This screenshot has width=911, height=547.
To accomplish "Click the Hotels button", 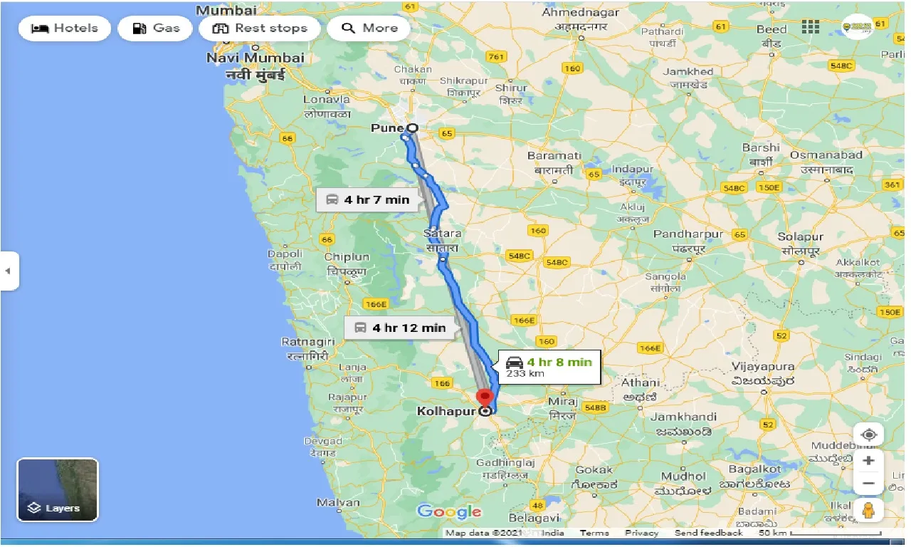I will click(65, 28).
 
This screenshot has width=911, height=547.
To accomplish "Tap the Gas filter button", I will click(154, 28).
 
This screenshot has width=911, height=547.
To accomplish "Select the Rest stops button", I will click(260, 28).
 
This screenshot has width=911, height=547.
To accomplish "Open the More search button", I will click(369, 28).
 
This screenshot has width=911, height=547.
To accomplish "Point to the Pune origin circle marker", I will click(411, 128).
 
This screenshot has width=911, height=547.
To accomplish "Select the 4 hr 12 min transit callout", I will click(399, 328).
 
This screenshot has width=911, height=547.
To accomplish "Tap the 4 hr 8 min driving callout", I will click(549, 366).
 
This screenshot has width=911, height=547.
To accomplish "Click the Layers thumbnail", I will click(58, 489).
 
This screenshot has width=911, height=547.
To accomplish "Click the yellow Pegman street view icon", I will click(868, 511).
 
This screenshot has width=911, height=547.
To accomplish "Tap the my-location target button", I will click(868, 434).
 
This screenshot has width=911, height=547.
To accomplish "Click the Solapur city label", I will click(801, 236).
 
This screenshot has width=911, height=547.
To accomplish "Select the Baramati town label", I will click(554, 155).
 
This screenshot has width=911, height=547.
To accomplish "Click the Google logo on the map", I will click(449, 511).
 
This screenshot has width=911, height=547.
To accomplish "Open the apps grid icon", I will click(810, 27).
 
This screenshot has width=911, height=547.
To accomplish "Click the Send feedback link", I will click(708, 533).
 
